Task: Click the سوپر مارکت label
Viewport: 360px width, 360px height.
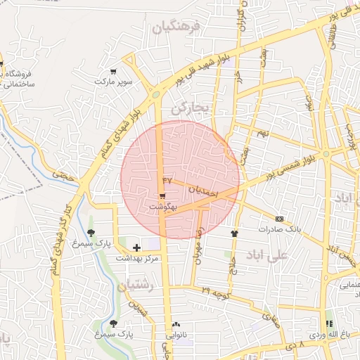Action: point(114,82)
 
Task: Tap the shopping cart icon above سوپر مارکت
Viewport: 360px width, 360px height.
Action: point(113,71)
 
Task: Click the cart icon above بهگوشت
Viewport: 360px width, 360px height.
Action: point(162,197)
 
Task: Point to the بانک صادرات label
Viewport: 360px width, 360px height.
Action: point(279,229)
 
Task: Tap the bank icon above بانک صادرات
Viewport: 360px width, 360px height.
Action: point(280,219)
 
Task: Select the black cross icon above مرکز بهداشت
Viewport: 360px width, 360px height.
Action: point(136,247)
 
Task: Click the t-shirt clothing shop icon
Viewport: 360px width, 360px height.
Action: point(234,233)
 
